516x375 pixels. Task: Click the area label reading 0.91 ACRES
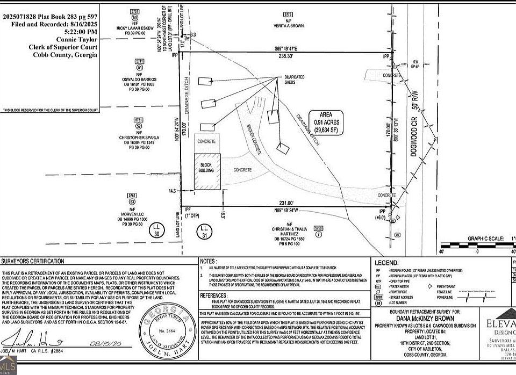pyautogui.click(x=326, y=122)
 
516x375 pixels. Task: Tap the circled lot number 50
pyautogui.click(x=135, y=18)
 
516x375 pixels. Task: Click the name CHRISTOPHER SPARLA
pyautogui.click(x=139, y=138)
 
